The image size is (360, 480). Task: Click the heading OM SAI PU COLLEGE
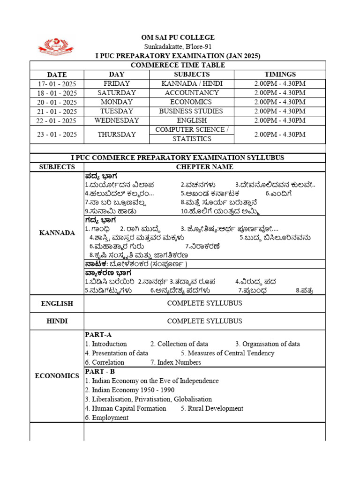pos(178,37)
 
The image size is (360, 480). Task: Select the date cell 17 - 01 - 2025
pos(57,84)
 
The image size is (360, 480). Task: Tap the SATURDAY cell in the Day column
pos(117,93)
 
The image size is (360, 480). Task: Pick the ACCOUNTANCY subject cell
pos(192,93)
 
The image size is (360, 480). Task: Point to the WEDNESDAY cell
pos(117,120)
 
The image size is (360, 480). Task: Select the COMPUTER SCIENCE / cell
pos(192,129)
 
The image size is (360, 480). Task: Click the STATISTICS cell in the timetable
pos(192,139)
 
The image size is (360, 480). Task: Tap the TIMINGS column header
pos(280,75)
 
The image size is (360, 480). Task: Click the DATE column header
pos(57,75)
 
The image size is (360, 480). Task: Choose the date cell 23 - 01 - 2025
pos(57,134)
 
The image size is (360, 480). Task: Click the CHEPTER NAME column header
pos(204,167)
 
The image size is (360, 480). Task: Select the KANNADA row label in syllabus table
pos(57,233)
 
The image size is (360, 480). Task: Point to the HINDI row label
pos(57,321)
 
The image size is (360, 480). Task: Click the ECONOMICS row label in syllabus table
pos(57,376)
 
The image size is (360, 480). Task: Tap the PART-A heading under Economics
pos(98,334)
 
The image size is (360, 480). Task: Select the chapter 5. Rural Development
pos(212,408)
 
